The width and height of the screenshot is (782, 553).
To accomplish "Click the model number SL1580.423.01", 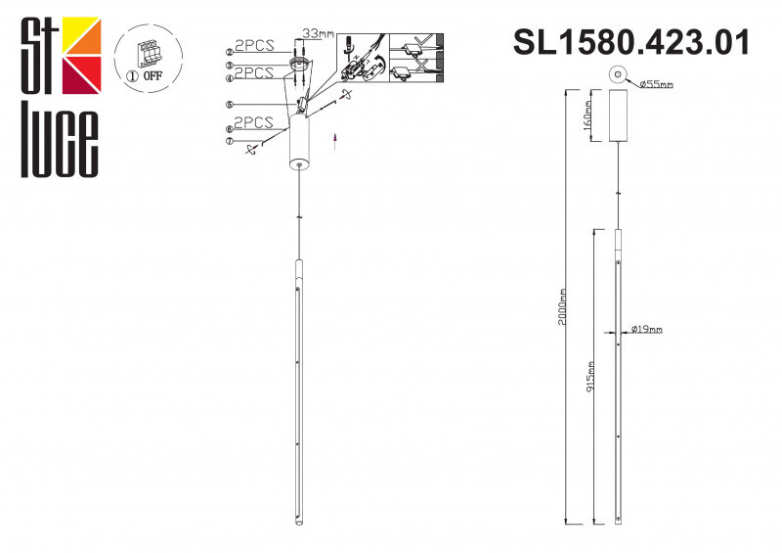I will click(631, 42).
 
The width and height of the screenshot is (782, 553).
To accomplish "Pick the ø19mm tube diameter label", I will click(646, 329).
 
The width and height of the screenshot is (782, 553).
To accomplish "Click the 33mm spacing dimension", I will click(319, 33).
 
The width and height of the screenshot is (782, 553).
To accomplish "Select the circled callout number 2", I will click(229, 51).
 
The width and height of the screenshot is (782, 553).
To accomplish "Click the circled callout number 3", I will click(229, 64).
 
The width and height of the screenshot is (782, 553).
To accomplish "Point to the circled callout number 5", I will click(229, 104).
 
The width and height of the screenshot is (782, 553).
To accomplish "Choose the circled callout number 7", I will click(229, 141).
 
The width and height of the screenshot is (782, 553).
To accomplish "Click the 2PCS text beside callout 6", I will click(254, 123).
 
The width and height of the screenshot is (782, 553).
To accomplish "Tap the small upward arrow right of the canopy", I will click(334, 140).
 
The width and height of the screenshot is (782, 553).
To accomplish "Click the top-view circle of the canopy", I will click(616, 74).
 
